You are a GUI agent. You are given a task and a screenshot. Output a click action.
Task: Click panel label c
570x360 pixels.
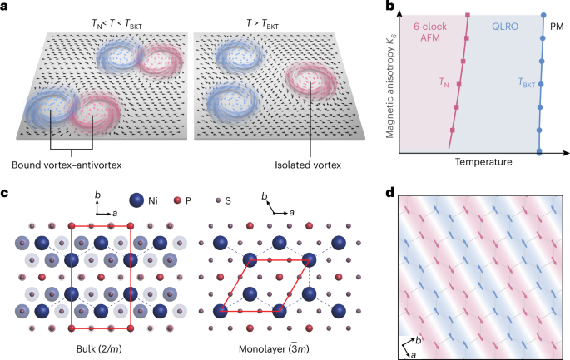tap(6, 195)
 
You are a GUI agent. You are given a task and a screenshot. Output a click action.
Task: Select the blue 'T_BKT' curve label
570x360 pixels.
tap(526, 83)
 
